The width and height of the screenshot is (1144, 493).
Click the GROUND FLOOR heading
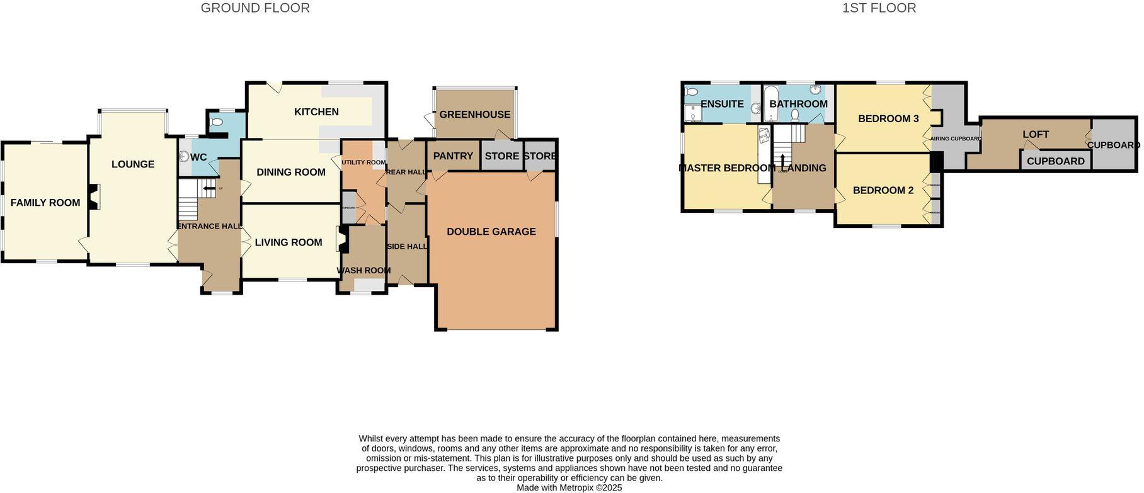click(255, 8)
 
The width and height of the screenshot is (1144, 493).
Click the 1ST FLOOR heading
click(879, 8)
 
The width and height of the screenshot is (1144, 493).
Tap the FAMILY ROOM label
click(45, 203)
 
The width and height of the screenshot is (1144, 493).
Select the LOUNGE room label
click(133, 164)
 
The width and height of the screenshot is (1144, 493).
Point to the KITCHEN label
click(316, 112)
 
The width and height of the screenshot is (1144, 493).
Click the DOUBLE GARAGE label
click(491, 232)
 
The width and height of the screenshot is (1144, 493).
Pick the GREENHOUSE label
click(475, 115)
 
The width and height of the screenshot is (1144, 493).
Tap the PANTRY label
click(453, 156)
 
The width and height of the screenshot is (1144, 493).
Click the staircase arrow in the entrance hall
click(209, 188)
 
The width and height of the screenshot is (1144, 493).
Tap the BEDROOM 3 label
click(888, 118)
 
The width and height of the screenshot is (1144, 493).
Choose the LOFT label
click(1036, 134)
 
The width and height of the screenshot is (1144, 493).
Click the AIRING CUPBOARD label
click(956, 139)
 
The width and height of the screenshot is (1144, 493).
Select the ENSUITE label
click(722, 104)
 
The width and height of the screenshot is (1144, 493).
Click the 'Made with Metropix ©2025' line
click(569, 488)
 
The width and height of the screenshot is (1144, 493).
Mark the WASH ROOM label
click(363, 271)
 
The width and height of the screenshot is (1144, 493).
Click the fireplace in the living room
click(342, 241)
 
